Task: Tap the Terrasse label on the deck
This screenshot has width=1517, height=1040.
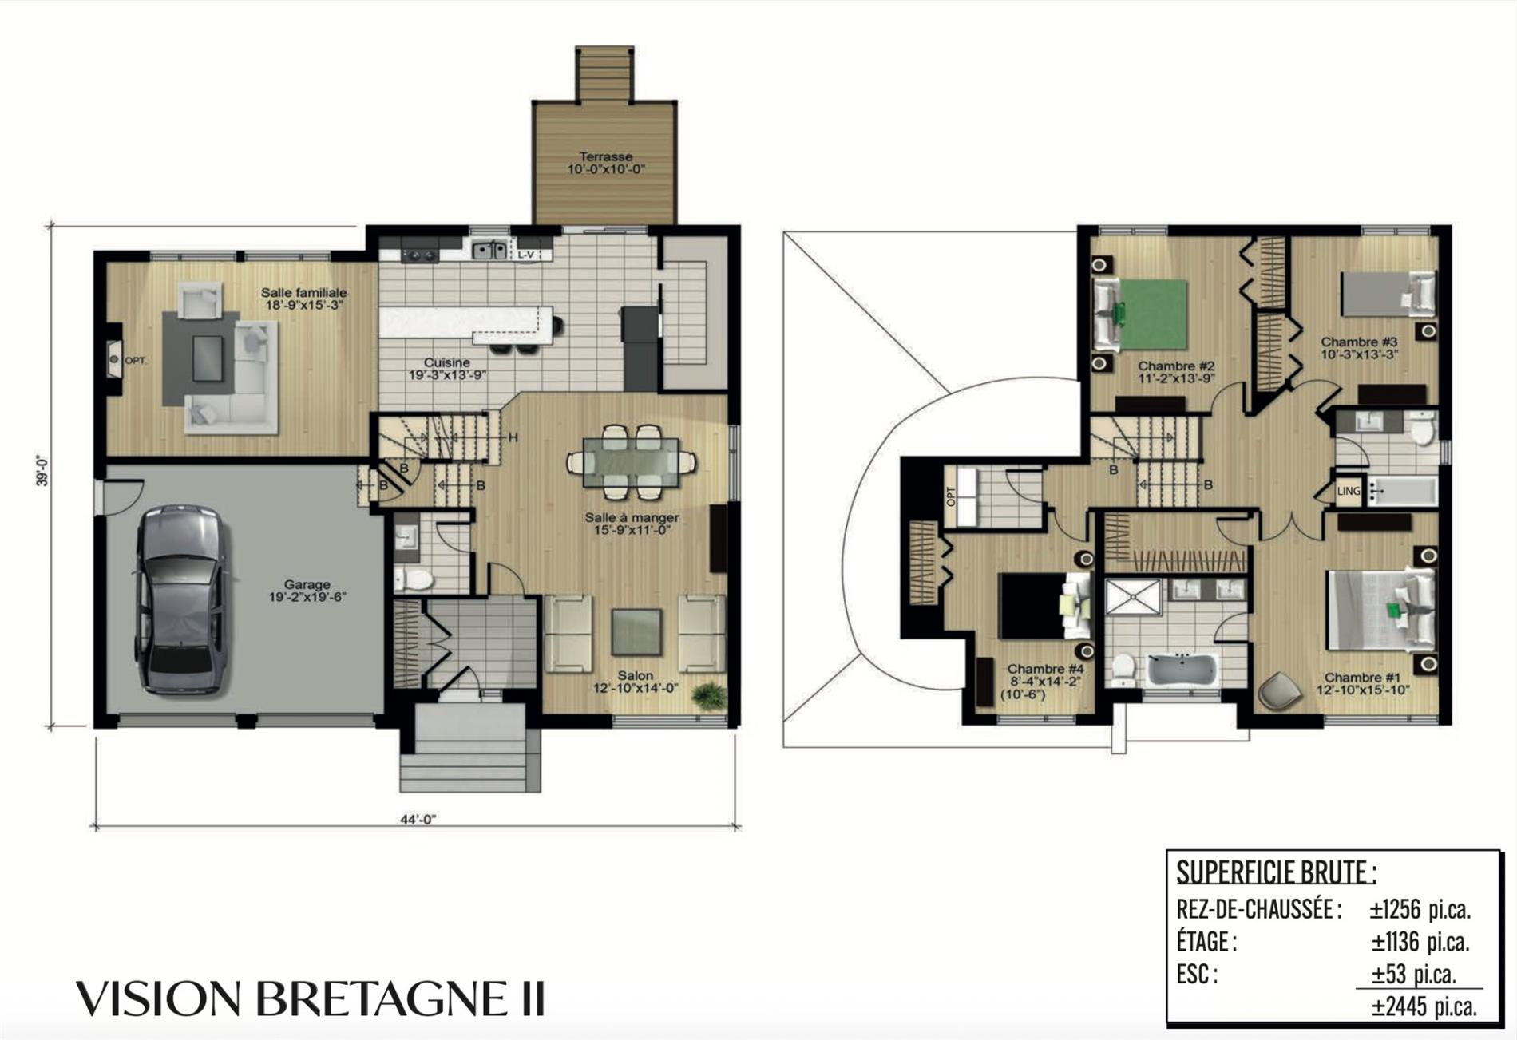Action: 606,156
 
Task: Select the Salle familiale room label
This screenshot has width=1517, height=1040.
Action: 304,292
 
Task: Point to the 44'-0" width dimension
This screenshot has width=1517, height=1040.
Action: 418,819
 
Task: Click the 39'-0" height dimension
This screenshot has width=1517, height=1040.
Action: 42,470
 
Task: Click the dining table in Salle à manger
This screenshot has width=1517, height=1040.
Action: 631,462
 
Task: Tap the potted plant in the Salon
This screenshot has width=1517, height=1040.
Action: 708,696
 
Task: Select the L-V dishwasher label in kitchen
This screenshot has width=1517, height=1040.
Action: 525,255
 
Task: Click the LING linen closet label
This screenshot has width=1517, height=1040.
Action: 1349,491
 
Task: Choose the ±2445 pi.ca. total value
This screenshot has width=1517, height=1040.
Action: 1424,1006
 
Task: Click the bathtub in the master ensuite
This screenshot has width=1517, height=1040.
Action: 1182,670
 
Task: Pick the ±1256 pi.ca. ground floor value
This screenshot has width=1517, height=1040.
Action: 1420,909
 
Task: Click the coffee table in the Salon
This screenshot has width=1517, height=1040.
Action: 636,632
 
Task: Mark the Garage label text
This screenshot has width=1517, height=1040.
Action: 307,584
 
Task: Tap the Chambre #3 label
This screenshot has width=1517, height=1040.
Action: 1360,342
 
